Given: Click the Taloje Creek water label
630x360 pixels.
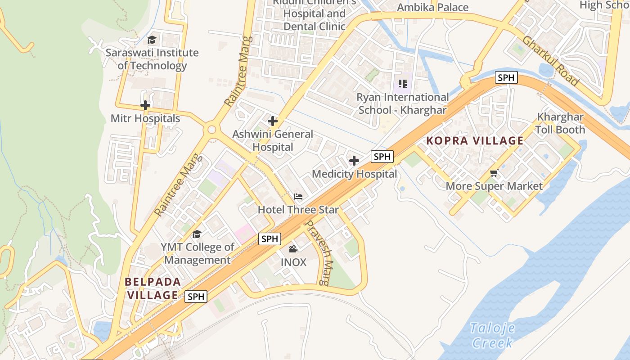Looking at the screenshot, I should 492,335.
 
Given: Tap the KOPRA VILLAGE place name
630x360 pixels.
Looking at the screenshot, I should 475,141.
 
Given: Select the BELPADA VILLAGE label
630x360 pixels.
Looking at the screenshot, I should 153,288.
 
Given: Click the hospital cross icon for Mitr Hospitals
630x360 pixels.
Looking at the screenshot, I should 145,106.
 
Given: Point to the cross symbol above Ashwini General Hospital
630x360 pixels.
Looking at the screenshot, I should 272,121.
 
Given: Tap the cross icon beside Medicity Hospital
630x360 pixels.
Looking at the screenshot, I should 354,161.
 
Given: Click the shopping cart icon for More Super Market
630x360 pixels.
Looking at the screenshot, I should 494,173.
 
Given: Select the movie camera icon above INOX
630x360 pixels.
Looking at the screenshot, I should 293,249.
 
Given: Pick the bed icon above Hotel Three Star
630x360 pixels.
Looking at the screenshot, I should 298,197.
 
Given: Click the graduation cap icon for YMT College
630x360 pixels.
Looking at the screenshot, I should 197,234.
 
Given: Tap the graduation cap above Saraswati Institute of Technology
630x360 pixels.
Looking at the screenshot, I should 152,40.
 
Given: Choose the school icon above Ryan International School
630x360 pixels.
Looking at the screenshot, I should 402,84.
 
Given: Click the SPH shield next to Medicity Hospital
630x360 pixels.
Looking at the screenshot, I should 382,157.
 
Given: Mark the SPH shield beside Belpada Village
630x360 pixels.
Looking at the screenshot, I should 196,297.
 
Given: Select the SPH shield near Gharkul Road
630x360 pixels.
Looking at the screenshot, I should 506,77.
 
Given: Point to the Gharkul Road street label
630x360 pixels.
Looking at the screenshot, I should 550,60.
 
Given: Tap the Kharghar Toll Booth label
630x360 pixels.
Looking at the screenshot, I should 560,123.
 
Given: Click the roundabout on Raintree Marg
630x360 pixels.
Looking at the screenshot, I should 211,130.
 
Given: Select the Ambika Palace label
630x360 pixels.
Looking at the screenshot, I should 433,8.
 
